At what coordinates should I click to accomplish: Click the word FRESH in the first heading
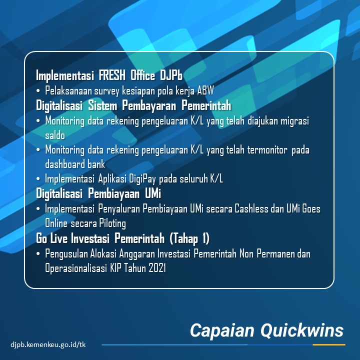(x=112, y=75)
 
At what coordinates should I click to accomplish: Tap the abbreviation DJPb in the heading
(x=171, y=75)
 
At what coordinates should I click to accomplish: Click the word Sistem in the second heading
(x=102, y=105)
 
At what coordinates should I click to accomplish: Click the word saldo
(x=55, y=135)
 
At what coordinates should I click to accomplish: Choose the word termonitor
(x=267, y=150)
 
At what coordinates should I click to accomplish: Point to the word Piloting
(x=112, y=223)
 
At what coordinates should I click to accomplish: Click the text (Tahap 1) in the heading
(x=189, y=238)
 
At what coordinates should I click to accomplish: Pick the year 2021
(x=157, y=268)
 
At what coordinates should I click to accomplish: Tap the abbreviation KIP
(x=115, y=268)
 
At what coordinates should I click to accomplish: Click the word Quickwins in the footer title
(x=302, y=331)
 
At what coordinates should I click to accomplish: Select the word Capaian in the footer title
(x=222, y=331)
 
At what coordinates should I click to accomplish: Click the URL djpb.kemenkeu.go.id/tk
(x=48, y=344)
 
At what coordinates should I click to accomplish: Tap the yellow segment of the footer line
(x=329, y=344)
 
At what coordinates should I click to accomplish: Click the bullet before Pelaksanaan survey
(x=38, y=91)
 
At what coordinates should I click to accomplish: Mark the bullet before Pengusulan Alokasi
(x=38, y=253)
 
